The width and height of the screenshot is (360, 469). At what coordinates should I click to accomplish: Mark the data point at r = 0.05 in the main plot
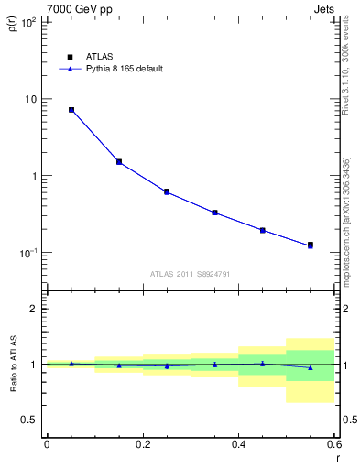coord(71,110)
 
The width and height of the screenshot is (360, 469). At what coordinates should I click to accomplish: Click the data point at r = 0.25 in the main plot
coord(167,191)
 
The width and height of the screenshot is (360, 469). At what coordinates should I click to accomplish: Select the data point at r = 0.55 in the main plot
coord(311,245)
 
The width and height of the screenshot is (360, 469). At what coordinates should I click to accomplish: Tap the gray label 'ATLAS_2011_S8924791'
coord(190,274)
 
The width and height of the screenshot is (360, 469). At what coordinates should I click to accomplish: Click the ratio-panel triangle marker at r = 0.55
coord(311,367)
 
